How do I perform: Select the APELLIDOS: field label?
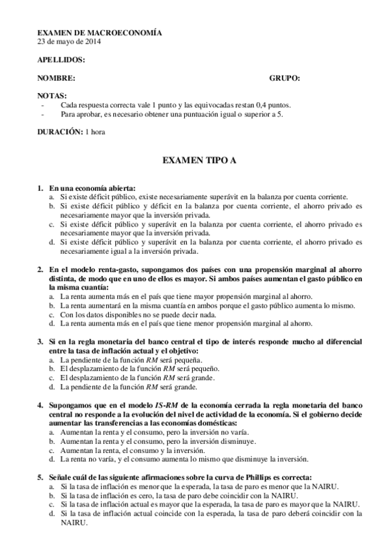click(x=61, y=59)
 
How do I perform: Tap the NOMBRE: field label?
click(x=56, y=78)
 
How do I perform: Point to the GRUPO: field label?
click(x=285, y=78)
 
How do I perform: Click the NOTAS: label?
click(x=53, y=95)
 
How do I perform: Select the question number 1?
click(x=40, y=187)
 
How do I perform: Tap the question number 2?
click(x=40, y=269)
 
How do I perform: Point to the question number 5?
click(x=40, y=476)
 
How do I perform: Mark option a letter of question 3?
click(x=51, y=359)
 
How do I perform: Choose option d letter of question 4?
click(x=51, y=458)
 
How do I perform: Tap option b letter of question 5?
click(x=51, y=495)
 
